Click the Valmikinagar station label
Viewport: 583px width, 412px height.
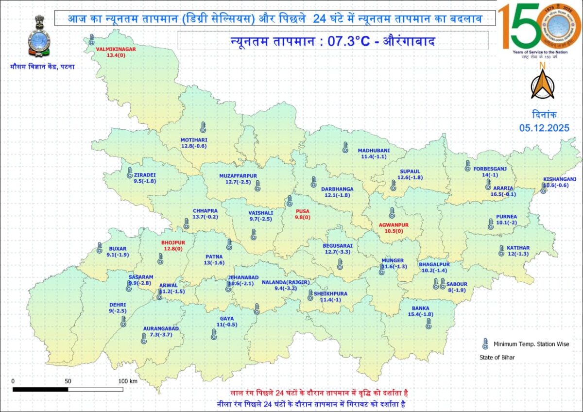point(116,50)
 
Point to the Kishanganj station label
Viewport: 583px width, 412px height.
point(560,179)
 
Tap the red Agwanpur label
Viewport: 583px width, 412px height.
point(394,225)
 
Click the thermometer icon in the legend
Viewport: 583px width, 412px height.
point(484,344)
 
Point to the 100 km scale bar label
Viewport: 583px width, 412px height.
point(128,381)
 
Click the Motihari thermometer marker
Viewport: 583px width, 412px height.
point(203,127)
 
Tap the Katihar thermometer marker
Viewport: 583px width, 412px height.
point(501,250)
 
